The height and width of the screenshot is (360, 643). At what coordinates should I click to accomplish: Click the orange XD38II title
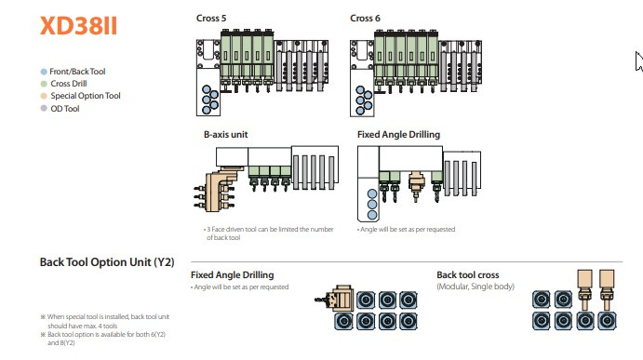point(78,25)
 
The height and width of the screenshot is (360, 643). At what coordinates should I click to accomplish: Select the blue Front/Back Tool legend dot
point(44,72)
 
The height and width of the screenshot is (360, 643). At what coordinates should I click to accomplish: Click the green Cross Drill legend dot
point(44,84)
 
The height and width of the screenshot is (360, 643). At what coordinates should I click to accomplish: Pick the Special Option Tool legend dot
point(44,96)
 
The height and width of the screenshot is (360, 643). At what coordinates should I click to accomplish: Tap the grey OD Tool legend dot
point(44,108)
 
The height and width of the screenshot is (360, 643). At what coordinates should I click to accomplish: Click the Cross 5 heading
point(211,18)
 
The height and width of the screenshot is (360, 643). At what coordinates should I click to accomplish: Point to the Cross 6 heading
point(365,18)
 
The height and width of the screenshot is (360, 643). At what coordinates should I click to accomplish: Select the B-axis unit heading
point(225,135)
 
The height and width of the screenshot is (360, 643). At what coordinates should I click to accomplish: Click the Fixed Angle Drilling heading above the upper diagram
point(398,135)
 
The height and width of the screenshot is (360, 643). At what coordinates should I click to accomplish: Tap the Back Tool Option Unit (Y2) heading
point(107,262)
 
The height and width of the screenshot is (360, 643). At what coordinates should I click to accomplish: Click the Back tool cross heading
point(468,274)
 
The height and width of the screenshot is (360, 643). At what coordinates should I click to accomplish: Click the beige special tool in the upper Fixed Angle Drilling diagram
point(416,186)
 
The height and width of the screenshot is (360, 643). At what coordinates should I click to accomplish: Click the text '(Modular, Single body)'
point(476,287)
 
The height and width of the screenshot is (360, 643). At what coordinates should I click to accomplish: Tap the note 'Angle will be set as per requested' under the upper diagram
point(406,229)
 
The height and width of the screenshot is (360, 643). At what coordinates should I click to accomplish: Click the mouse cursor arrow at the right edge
point(638,61)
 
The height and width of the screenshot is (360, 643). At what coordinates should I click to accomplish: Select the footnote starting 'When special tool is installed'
point(105,321)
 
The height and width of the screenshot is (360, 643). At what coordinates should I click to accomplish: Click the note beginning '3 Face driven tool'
point(269,233)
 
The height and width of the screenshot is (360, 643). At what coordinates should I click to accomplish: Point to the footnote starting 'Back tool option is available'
point(103,339)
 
